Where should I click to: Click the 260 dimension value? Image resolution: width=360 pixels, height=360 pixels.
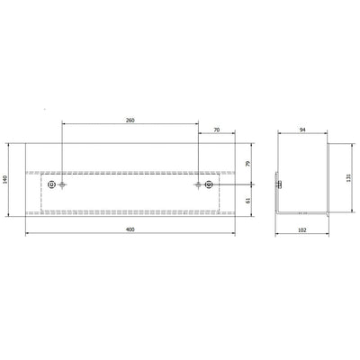(x=130, y=121)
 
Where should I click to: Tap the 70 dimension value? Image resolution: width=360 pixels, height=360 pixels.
(x=217, y=130)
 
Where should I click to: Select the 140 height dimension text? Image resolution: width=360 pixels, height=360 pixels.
(x=4, y=179)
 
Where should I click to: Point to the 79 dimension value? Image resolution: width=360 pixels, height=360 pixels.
(x=247, y=164)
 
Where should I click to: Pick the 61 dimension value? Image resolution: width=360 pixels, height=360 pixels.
(x=247, y=201)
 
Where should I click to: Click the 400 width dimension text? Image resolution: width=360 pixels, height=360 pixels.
(x=130, y=229)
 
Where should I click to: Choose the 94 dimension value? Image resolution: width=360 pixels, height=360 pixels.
(x=302, y=130)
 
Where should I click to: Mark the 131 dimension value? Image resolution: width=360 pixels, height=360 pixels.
(x=348, y=177)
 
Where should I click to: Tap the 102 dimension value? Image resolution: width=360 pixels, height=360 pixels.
(x=302, y=230)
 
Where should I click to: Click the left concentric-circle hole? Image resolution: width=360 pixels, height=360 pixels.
(x=51, y=184)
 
